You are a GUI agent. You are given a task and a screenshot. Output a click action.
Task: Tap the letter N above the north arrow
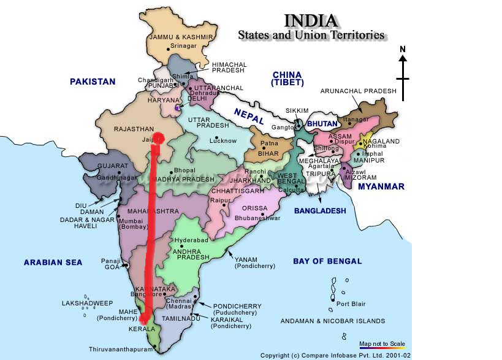pos(402,49)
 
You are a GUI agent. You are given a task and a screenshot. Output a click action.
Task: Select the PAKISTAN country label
pos(93,82)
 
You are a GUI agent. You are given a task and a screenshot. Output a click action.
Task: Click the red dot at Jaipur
pos(159,138)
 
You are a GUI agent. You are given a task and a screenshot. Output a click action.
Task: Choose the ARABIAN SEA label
pos(53,262)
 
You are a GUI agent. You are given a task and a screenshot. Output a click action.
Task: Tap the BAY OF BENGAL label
pos(327,261)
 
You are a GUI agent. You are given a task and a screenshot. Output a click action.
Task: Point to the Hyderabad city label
pos(191,240)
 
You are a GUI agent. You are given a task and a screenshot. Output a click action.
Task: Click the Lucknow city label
pos(223,141)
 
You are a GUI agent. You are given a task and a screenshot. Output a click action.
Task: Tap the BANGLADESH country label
pos(319,211)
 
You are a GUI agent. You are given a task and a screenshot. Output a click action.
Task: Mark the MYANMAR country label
pos(381,186)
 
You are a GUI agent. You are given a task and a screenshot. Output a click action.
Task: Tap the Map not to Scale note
pos(382,343)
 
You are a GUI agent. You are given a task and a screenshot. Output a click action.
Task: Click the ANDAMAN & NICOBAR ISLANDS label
pos(333,321)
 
